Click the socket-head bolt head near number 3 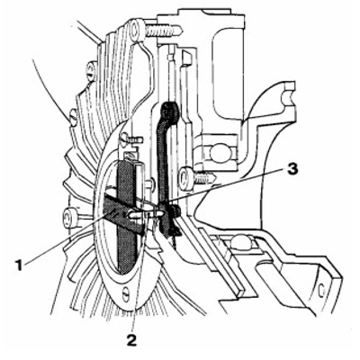click(186, 176)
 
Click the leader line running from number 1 click(63, 242)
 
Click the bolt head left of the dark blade click(70, 215)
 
